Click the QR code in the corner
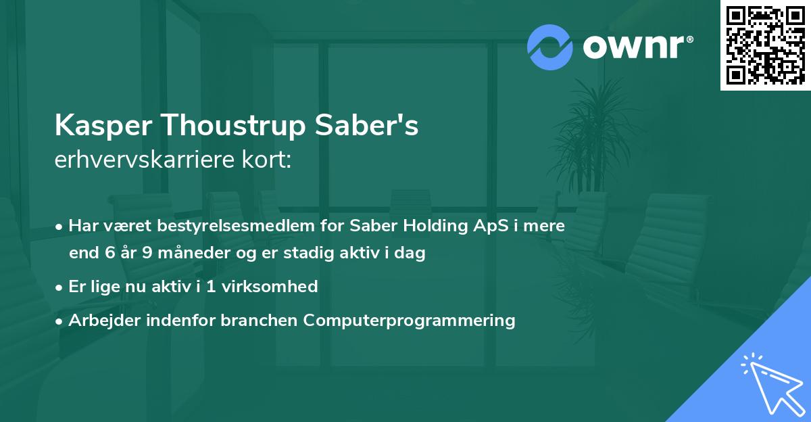(x=765, y=45)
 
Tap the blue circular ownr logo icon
(x=549, y=47)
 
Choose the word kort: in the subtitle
(x=268, y=161)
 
